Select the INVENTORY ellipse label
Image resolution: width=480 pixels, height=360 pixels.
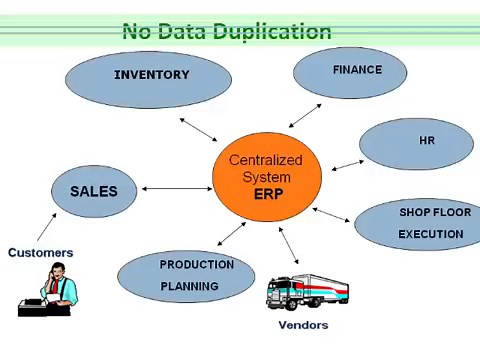151,75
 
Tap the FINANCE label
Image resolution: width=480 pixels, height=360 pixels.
357,70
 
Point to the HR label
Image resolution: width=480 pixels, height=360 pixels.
427,141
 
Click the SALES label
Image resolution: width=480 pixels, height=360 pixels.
93,191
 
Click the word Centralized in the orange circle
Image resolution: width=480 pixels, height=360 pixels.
265,160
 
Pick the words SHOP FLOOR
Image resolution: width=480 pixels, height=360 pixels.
431,212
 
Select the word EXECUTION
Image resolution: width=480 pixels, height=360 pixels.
431,234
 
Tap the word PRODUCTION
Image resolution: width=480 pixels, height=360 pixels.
196,265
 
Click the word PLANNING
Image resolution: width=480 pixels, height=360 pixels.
190,286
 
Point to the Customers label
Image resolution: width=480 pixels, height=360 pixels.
40,253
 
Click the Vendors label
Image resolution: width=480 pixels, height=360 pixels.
303,325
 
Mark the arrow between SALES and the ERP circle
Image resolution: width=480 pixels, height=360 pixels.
176,188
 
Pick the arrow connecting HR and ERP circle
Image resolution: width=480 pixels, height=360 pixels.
347,164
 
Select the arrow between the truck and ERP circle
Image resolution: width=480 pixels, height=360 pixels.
288,247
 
